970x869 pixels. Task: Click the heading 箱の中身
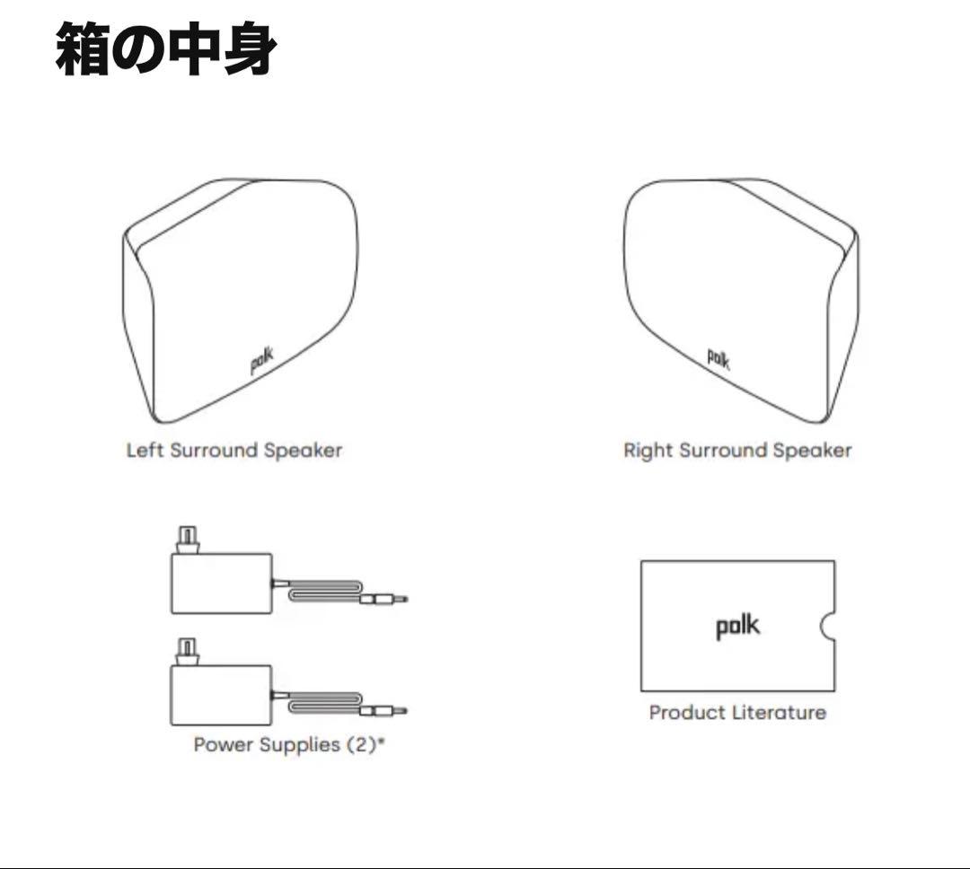click(x=165, y=48)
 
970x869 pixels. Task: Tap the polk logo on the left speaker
click(x=262, y=360)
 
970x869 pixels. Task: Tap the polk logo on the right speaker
click(x=719, y=358)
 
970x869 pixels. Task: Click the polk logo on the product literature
click(x=737, y=626)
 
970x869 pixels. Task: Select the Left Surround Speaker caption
click(x=234, y=451)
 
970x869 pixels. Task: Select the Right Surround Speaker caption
click(x=737, y=451)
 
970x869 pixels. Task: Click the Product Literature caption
click(x=737, y=713)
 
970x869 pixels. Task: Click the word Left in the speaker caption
click(x=145, y=451)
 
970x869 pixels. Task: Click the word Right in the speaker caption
click(x=647, y=451)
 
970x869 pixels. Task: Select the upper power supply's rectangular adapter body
click(x=221, y=584)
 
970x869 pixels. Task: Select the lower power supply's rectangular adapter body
click(x=221, y=695)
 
